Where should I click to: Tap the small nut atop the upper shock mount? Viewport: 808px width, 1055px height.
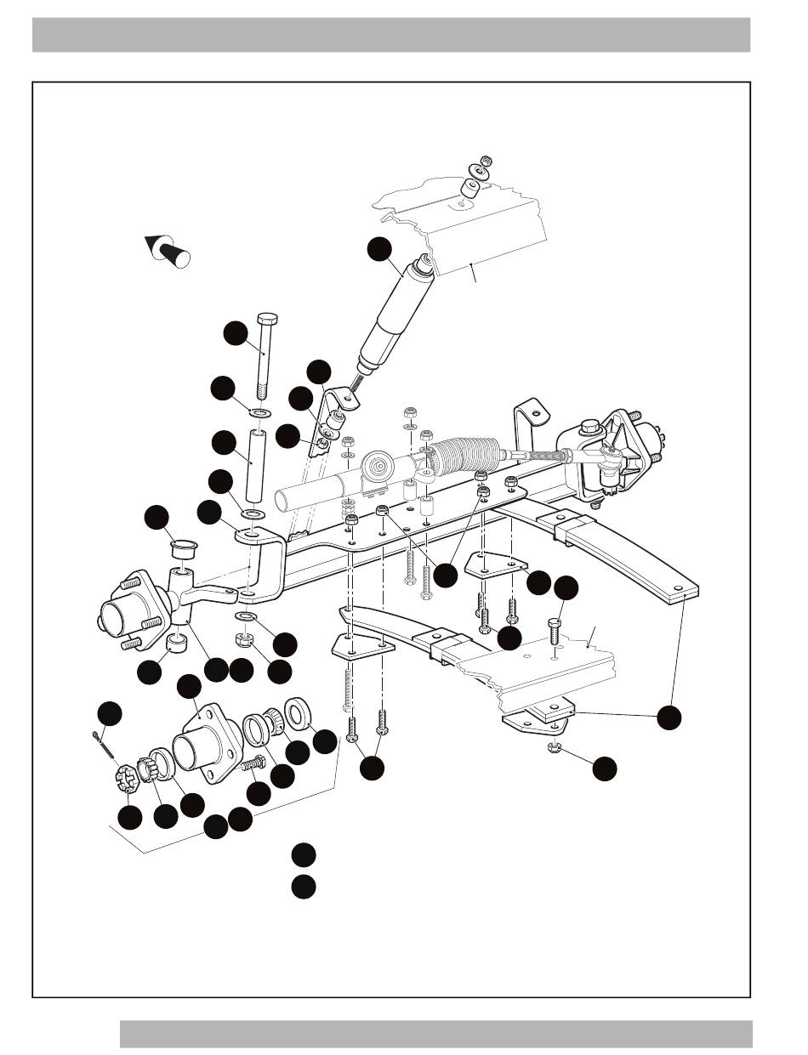pos(487,161)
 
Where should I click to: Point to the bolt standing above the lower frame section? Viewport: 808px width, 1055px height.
pos(554,634)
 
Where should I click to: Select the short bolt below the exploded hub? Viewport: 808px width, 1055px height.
pos(251,766)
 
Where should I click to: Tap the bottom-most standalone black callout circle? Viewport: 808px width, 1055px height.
pos(304,886)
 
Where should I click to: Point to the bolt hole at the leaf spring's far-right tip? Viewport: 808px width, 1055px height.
pos(679,588)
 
